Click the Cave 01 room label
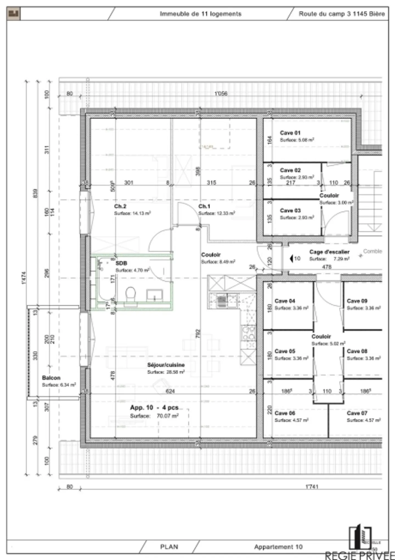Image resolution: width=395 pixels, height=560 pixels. click(290, 133)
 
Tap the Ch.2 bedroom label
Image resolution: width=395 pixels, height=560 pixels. click(120, 206)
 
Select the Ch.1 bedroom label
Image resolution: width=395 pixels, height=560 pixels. click(204, 206)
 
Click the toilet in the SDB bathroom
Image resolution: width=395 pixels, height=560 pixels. click(131, 294)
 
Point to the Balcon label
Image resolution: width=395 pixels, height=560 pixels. click(51, 378)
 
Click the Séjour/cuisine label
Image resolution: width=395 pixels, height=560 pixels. click(166, 365)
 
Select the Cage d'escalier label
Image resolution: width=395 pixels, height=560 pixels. click(329, 252)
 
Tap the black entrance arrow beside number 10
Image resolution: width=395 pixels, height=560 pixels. click(291, 258)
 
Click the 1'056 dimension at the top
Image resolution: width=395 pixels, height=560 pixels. click(221, 93)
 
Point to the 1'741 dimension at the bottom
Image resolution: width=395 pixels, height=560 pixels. click(312, 486)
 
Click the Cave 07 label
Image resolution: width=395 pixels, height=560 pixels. click(357, 413)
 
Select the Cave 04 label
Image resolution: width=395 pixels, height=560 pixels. click(285, 301)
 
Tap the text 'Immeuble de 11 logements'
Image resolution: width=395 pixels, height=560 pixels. click(201, 14)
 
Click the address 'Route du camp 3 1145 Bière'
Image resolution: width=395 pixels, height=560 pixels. click(342, 14)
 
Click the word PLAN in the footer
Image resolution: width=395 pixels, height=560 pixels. click(169, 547)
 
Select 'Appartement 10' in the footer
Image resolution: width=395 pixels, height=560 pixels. click(278, 547)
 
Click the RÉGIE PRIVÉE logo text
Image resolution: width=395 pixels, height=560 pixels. click(359, 556)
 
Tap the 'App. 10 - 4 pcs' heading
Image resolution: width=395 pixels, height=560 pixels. click(154, 407)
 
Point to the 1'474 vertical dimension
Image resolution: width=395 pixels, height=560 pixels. click(24, 278)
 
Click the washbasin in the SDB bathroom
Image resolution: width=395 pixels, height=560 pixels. click(155, 296)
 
